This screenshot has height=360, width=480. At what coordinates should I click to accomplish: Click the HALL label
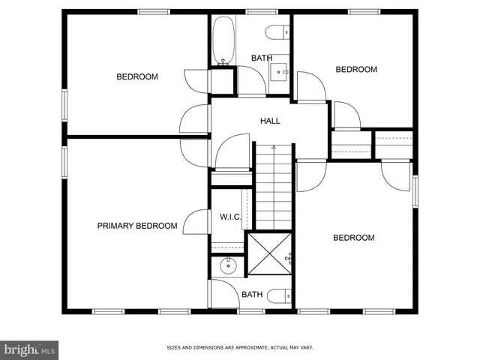pyautogui.click(x=271, y=121)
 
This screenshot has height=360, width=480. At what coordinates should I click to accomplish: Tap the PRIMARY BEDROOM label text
pyautogui.click(x=137, y=226)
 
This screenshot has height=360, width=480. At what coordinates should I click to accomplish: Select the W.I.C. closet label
pyautogui.click(x=229, y=217)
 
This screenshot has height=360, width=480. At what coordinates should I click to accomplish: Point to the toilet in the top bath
pyautogui.click(x=277, y=32)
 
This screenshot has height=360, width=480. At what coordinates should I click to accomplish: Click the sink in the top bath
pyautogui.click(x=279, y=72)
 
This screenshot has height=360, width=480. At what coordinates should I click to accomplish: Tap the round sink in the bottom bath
pyautogui.click(x=228, y=265)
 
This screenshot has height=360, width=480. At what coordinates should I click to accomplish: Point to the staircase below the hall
pyautogui.click(x=274, y=187)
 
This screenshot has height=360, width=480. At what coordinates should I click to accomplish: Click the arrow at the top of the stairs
pyautogui.click(x=274, y=148)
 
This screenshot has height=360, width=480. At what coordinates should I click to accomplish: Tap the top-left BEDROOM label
pyautogui.click(x=137, y=76)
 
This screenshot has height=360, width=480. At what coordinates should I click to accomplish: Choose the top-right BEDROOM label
pyautogui.click(x=355, y=70)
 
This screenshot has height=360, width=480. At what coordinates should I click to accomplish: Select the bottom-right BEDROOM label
pyautogui.click(x=353, y=238)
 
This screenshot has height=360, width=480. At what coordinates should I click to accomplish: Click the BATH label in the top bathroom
pyautogui.click(x=262, y=58)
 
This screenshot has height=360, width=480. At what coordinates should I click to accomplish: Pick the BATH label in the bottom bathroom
pyautogui.click(x=252, y=295)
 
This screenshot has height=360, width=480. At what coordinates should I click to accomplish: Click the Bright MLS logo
pyautogui.click(x=30, y=349)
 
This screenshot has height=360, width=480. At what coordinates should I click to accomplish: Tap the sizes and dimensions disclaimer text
pyautogui.click(x=239, y=348)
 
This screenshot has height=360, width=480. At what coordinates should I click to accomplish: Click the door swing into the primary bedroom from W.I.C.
pyautogui.click(x=196, y=223)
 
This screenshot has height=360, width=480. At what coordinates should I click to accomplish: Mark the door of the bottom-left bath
pyautogui.click(x=223, y=291)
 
